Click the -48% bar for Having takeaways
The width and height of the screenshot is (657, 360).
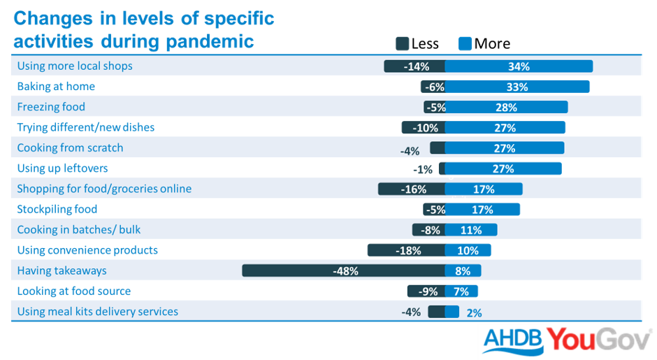coord(343,271)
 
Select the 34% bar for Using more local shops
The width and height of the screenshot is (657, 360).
coord(519,66)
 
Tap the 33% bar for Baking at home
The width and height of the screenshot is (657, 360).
coord(517,87)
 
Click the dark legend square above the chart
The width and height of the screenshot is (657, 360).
coord(402,44)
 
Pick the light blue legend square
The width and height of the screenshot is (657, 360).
coord(465,44)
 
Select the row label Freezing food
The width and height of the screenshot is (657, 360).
coord(51,107)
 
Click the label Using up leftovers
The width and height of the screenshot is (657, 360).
coord(62,168)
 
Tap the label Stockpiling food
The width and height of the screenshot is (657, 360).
coord(57,209)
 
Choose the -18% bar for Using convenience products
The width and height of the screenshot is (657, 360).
coord(406,250)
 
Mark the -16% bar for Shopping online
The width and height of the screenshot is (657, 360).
coord(412,189)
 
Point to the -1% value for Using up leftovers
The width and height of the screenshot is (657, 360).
coord(423,169)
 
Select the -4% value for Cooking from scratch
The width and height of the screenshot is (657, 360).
coord(410,150)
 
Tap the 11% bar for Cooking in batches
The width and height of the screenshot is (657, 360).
coord(471,230)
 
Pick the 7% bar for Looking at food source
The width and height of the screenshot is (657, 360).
coord(461,291)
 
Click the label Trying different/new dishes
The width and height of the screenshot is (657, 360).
coord(86,127)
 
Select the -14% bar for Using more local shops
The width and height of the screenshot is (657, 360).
coord(414,66)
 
